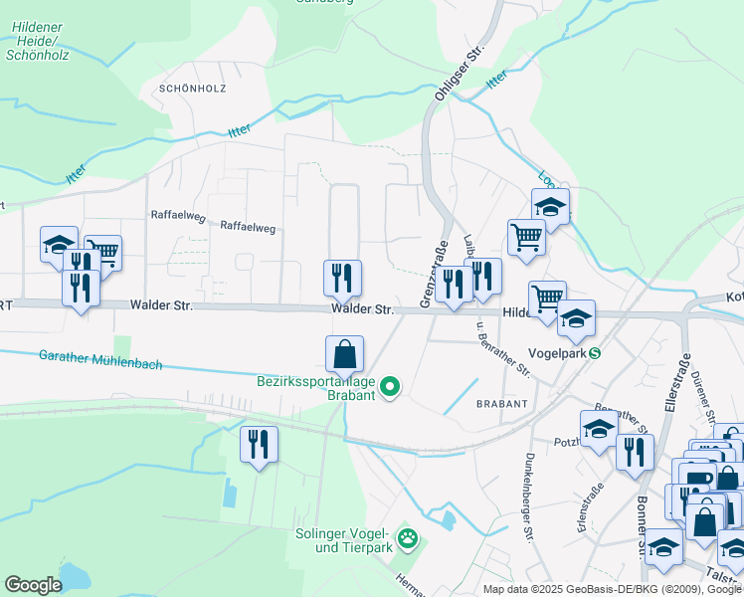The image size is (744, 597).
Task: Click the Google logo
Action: pos(33,585)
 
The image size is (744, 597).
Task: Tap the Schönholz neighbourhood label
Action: pos(192,89)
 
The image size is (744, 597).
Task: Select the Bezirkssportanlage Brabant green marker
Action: pos(391,388)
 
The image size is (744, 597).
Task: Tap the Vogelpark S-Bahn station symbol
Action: pos(595,352)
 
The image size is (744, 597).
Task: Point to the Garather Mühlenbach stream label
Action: pos(99,359)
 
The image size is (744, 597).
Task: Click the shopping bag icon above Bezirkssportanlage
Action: pos(344,354)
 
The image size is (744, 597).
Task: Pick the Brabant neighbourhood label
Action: pos(500,404)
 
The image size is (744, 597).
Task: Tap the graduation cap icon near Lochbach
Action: pos(550,207)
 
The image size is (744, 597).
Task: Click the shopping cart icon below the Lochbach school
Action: pos(526,238)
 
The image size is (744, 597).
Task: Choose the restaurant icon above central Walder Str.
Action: pos(342,278)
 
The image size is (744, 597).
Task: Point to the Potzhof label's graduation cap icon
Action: pos(599,429)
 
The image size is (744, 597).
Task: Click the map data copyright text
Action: pos(612,589)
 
